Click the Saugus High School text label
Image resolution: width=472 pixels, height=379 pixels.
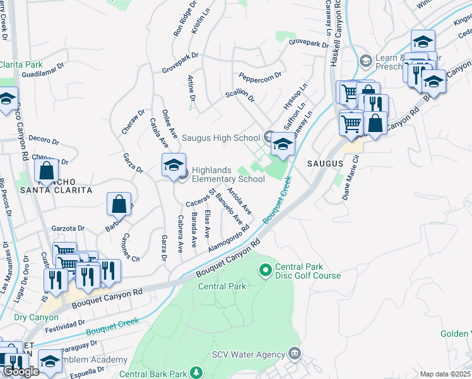221,138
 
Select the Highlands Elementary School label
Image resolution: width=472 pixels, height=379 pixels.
228,174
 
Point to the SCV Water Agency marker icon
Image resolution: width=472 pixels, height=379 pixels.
293,352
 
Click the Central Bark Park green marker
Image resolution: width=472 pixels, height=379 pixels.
197,373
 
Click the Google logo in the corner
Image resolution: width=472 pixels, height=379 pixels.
21,371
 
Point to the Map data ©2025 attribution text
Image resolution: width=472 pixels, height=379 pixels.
445,374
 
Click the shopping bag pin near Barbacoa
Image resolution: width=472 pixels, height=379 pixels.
119,205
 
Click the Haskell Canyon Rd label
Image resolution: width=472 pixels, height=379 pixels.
335,32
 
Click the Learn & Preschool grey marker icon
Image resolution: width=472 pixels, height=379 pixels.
365,61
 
